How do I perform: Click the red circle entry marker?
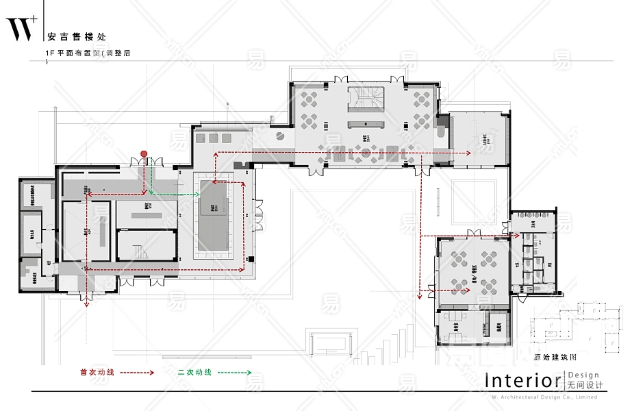pyautogui.click(x=144, y=153)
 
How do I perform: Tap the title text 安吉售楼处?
pyautogui.click(x=77, y=37)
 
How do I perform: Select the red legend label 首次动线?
pyautogui.click(x=97, y=373)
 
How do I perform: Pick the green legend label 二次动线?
pyautogui.click(x=194, y=373)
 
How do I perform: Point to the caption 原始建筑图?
pyautogui.click(x=555, y=357)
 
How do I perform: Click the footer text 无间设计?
pyautogui.click(x=583, y=386)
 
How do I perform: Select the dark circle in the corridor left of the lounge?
pyautogui.click(x=281, y=136)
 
